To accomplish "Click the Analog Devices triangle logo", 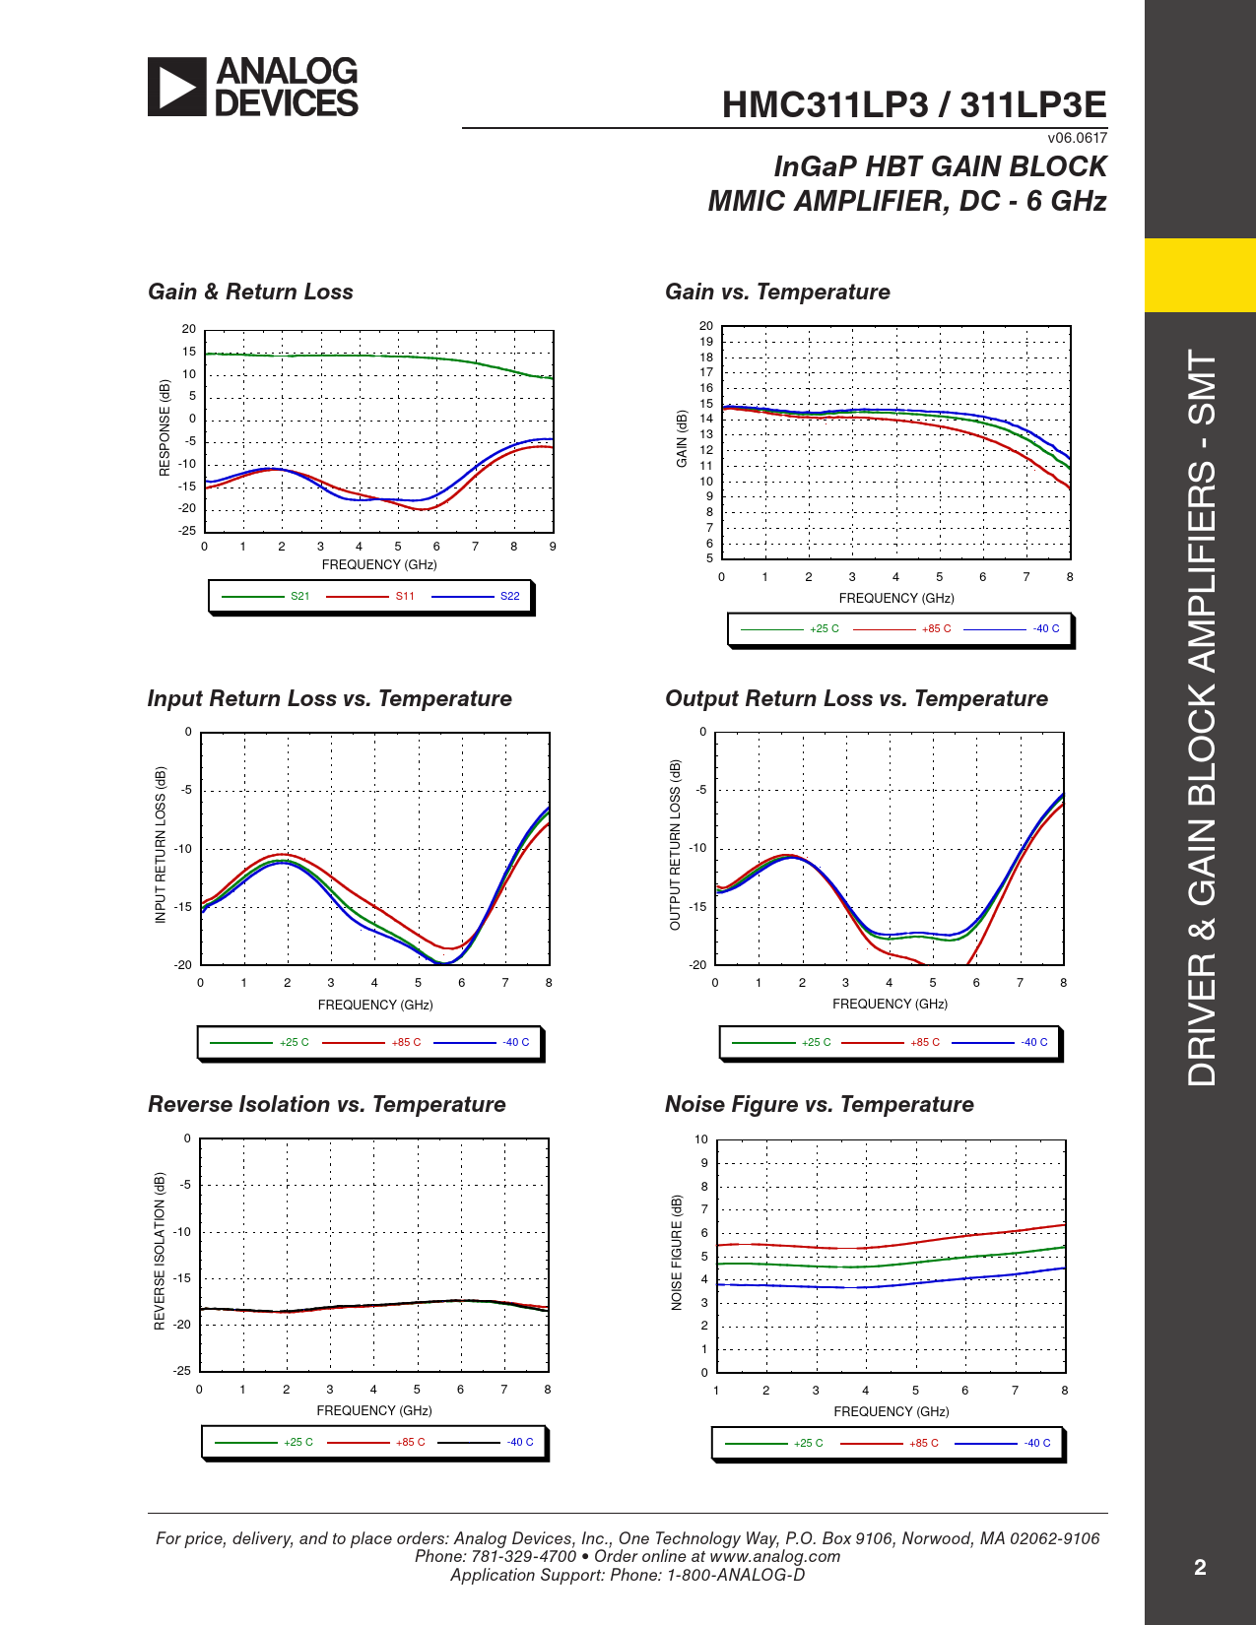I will [177, 87].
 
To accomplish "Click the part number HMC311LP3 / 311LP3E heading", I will [913, 105].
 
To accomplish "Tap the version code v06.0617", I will [1077, 138].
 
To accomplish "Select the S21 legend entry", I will [299, 596].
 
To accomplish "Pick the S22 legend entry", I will [509, 596].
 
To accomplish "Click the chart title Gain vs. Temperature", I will [777, 292].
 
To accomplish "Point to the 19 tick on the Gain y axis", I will [706, 342].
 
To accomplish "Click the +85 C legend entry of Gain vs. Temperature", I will [936, 628].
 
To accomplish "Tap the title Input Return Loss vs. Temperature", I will [329, 698].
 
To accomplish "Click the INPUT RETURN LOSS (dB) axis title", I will [161, 845].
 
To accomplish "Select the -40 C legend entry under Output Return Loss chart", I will [1033, 1042].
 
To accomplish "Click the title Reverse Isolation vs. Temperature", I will [326, 1104].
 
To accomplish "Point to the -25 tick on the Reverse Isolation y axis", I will [182, 1371].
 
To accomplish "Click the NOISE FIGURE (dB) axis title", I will [677, 1253].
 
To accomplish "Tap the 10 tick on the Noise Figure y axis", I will [701, 1139].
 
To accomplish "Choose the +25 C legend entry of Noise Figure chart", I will [808, 1443].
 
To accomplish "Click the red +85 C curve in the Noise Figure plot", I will [965, 1235].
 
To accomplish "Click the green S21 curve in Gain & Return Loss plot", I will [394, 356].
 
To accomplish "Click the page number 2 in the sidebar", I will [1200, 1567].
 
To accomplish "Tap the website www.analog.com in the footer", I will [774, 1556].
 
